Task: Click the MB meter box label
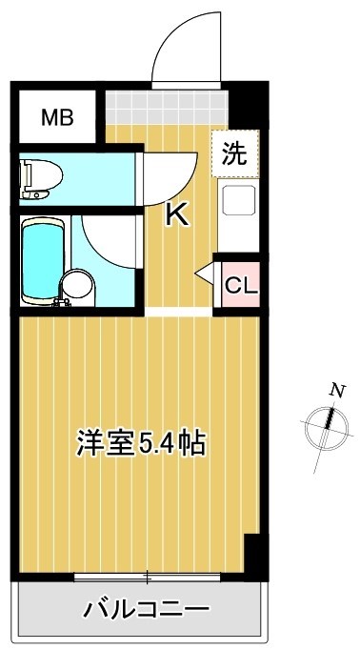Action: (57, 118)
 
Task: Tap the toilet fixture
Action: (41, 178)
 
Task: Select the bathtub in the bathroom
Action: (43, 260)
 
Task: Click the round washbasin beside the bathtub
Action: (76, 284)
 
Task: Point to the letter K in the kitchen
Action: (177, 215)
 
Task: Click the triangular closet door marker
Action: (205, 274)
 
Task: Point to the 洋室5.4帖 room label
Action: (140, 442)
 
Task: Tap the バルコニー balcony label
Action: (147, 609)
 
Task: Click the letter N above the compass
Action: (338, 391)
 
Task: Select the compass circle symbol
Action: (326, 428)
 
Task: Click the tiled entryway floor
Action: (167, 107)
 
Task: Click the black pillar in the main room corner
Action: (253, 557)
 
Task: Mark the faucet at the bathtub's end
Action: (61, 303)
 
